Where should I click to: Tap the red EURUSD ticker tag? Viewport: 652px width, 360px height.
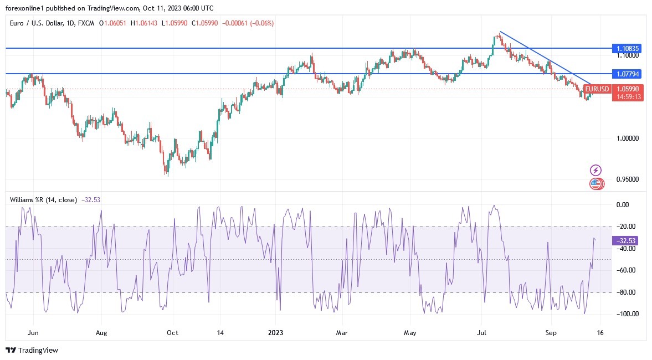pos(597,89)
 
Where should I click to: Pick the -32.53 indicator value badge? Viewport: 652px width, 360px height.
pos(626,240)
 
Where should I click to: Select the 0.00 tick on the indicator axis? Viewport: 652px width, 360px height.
pos(623,204)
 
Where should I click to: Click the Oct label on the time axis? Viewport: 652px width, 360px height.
pos(172,333)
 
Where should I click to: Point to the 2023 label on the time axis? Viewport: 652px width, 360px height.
pos(275,333)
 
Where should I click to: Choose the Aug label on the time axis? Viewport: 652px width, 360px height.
pos(101,333)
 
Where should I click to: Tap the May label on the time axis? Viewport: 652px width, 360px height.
pos(409,333)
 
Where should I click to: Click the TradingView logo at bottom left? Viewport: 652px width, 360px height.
pos(32,350)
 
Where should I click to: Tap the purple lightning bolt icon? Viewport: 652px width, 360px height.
pos(596,170)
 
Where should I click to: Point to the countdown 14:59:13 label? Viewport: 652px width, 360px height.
pos(628,96)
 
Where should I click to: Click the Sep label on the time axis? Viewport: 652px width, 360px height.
pos(551,333)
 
